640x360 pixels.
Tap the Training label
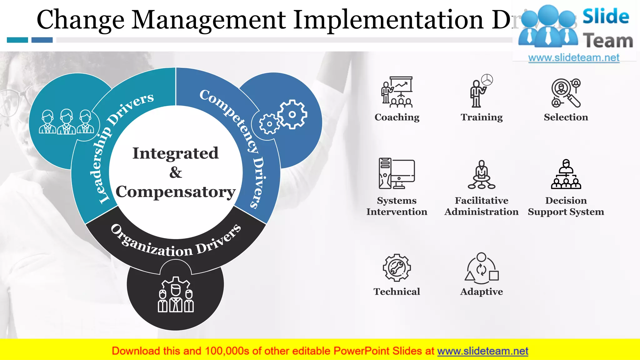click(x=482, y=117)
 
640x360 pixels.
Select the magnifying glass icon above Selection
click(x=566, y=93)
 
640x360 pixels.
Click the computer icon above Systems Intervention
click(x=397, y=173)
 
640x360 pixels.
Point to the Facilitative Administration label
click(x=481, y=206)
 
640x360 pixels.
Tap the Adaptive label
click(x=481, y=292)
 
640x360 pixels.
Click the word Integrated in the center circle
click(x=175, y=153)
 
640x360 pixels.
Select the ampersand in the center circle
click(x=176, y=172)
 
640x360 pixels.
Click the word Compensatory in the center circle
click(x=175, y=192)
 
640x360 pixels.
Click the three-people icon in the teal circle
click(x=66, y=122)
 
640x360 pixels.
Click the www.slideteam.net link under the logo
click(x=573, y=58)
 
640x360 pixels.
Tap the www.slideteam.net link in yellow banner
click(x=482, y=351)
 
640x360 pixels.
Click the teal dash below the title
click(x=17, y=40)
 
